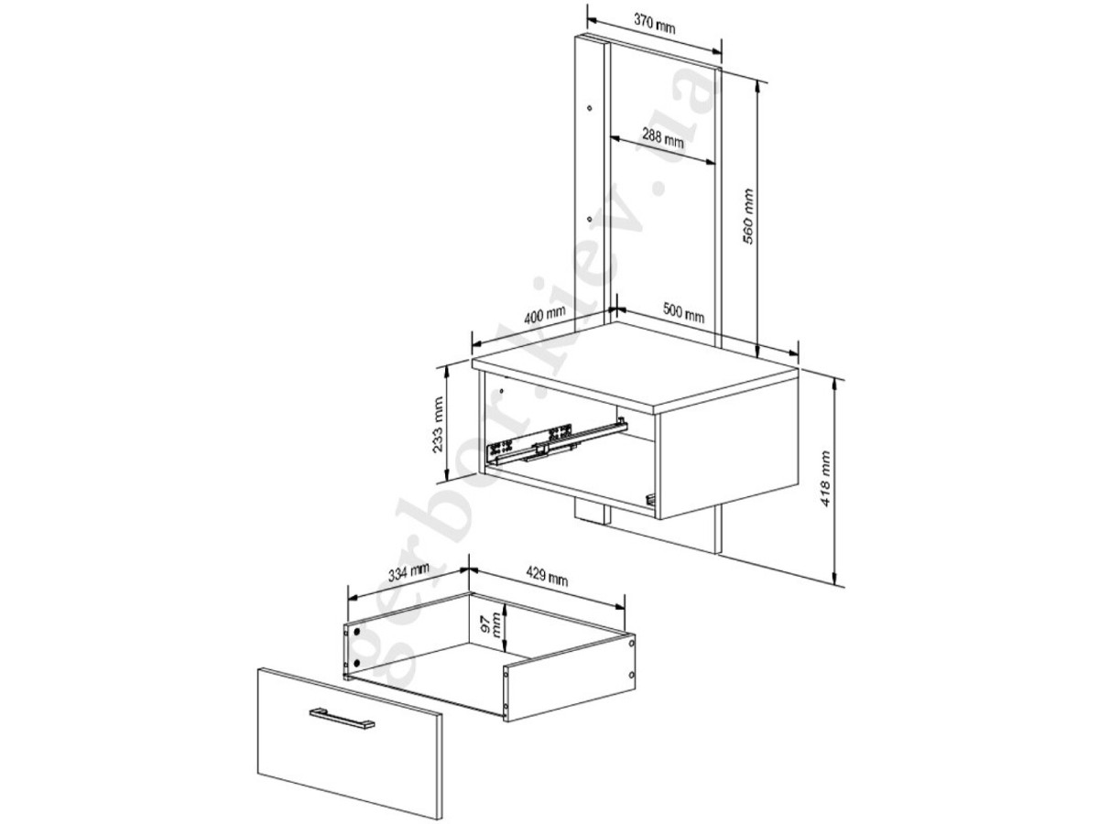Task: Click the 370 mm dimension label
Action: (654, 24)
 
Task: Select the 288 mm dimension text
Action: (662, 137)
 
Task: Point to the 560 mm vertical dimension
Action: (747, 216)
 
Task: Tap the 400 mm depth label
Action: (544, 315)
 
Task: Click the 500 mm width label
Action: (683, 313)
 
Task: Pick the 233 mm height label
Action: (438, 425)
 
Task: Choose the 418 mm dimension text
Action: (825, 479)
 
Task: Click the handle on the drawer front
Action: (341, 718)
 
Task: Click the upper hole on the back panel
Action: (590, 108)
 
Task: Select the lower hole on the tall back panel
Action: (590, 219)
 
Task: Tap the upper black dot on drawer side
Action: (357, 632)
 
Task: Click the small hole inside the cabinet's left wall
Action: (501, 390)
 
